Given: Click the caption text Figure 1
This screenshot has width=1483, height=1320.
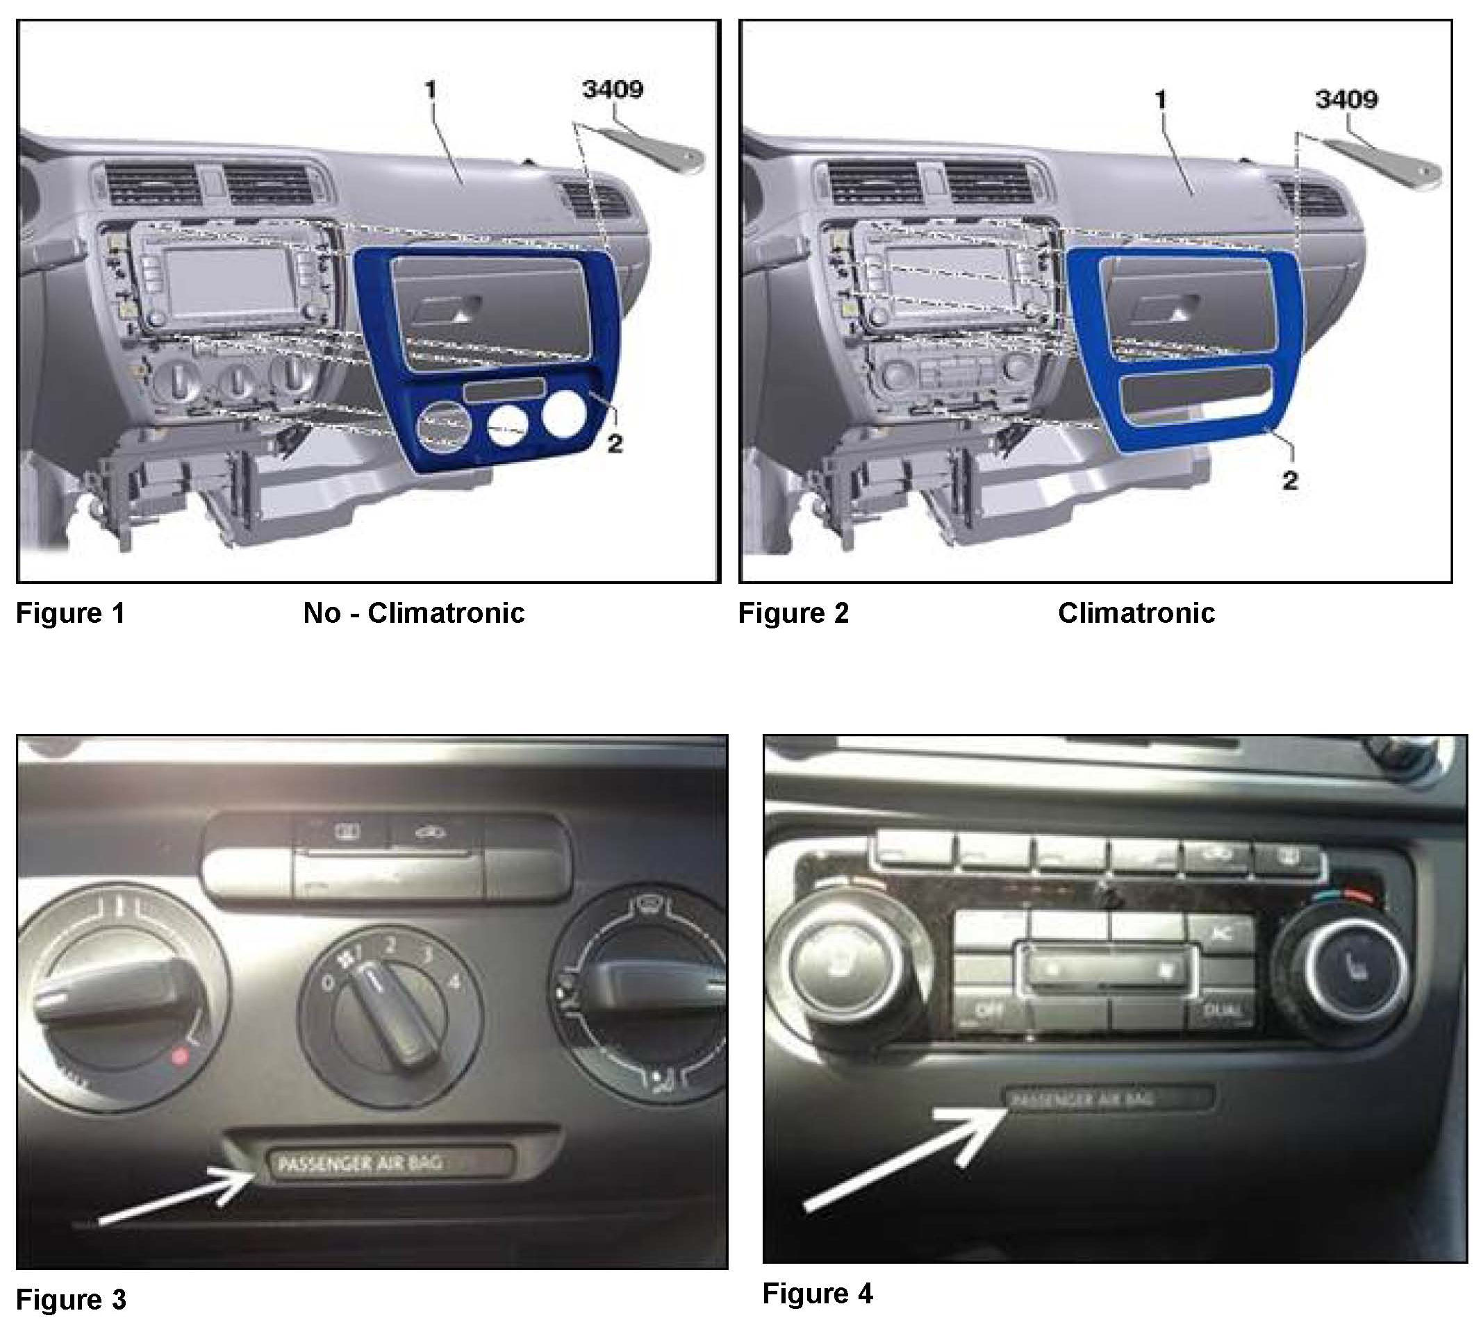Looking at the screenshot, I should click(x=70, y=614).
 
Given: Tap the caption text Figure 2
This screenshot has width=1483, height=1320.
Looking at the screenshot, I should click(x=793, y=614).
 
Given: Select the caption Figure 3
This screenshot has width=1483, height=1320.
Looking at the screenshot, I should click(x=70, y=1299).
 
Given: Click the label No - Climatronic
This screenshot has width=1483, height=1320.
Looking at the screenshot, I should click(x=413, y=614).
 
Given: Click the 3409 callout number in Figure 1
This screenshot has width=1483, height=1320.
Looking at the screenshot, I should click(x=613, y=90).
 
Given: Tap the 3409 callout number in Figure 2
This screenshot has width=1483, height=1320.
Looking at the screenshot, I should click(x=1346, y=99).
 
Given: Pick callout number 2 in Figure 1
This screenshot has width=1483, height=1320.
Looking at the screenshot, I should click(x=614, y=444).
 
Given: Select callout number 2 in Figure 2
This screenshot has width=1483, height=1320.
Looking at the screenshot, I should click(x=1289, y=480).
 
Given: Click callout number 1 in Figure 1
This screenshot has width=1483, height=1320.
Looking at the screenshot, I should click(x=430, y=90).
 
